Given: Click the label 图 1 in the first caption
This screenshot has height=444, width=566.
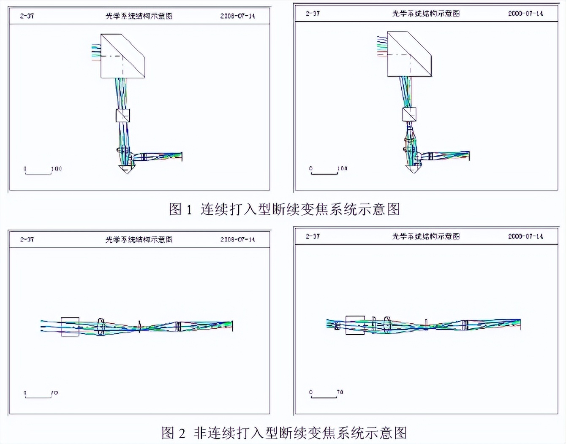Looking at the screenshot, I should pyautogui.click(x=180, y=209).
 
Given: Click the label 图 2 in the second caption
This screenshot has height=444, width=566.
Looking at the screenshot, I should pyautogui.click(x=173, y=433).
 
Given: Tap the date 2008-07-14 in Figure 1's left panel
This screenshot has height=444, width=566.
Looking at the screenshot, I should pyautogui.click(x=237, y=16).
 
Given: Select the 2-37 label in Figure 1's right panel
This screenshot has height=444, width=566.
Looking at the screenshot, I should pyautogui.click(x=313, y=14).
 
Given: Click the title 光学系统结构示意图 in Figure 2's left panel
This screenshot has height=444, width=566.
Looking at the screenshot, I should pyautogui.click(x=139, y=240).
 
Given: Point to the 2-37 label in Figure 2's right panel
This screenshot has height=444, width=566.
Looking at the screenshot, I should pyautogui.click(x=313, y=236).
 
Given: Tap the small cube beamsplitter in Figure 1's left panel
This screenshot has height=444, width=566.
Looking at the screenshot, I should pyautogui.click(x=122, y=116).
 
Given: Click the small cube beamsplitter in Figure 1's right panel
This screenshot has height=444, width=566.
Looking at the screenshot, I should pyautogui.click(x=409, y=114).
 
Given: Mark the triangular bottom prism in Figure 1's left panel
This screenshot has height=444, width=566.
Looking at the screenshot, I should pyautogui.click(x=126, y=169).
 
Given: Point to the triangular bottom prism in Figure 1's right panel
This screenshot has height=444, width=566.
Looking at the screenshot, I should pyautogui.click(x=413, y=169).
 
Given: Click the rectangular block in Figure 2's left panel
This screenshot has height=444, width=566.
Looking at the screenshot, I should pyautogui.click(x=70, y=327).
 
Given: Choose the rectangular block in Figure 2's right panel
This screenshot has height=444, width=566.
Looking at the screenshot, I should pyautogui.click(x=355, y=325).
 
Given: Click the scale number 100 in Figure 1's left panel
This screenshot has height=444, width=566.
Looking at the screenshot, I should pyautogui.click(x=57, y=169).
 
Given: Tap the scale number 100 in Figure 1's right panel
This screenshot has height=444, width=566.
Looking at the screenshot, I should pyautogui.click(x=343, y=168).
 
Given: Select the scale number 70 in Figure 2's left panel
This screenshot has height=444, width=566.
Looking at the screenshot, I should pyautogui.click(x=54, y=393).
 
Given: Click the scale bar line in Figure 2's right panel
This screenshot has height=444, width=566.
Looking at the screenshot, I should pyautogui.click(x=324, y=398).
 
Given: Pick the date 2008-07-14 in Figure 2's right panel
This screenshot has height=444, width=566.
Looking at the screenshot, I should pyautogui.click(x=525, y=236).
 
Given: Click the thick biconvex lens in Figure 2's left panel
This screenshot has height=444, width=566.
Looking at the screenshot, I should pyautogui.click(x=101, y=327).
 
